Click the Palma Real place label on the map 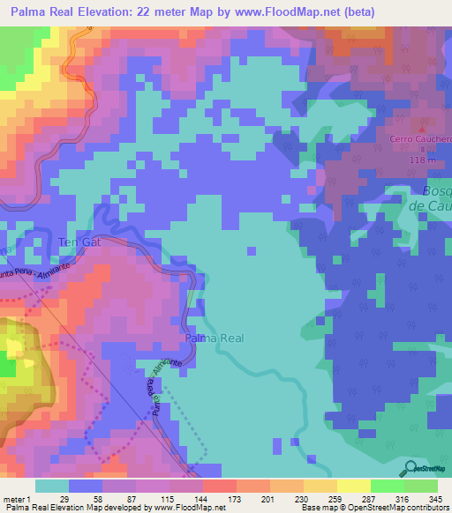213,338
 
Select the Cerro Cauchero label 422,139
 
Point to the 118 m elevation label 424,160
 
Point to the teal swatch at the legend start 51,486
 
